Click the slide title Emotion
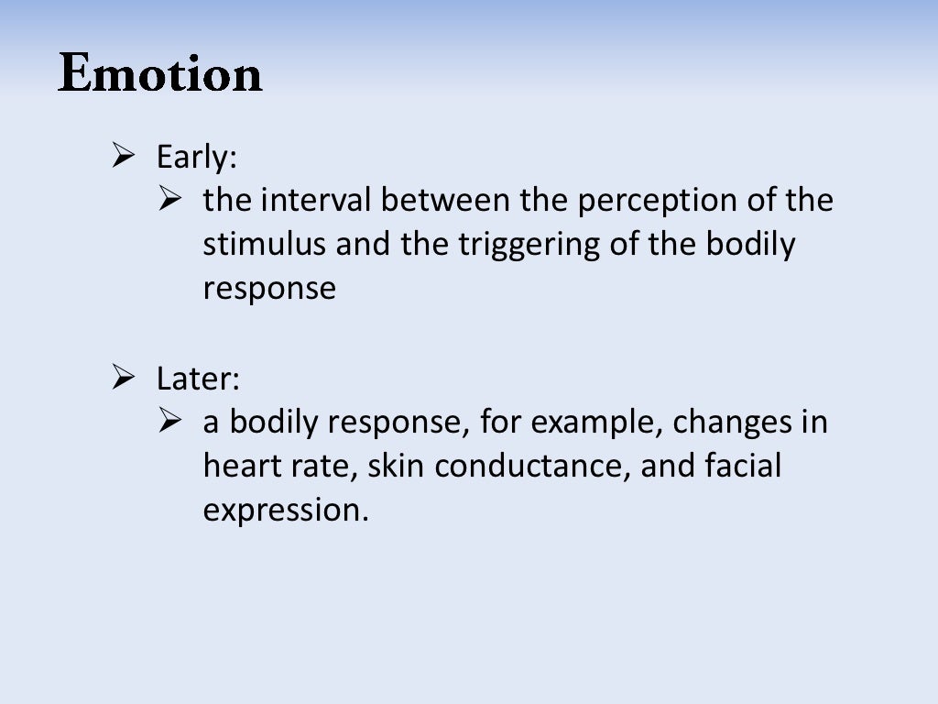click(x=160, y=73)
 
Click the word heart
click(x=235, y=466)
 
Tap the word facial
click(x=743, y=466)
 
